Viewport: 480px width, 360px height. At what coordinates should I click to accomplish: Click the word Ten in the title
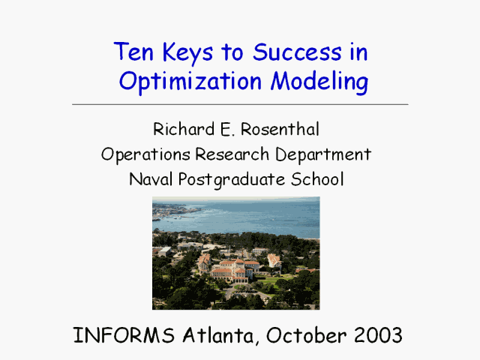[133, 52]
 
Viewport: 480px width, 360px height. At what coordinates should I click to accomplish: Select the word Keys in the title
[187, 53]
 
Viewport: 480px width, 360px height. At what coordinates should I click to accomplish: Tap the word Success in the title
[297, 52]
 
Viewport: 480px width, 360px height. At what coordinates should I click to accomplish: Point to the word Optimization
[190, 81]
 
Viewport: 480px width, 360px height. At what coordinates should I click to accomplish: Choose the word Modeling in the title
[319, 81]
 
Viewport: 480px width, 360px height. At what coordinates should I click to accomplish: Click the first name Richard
[184, 129]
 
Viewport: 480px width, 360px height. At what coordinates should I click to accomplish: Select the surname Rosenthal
[280, 129]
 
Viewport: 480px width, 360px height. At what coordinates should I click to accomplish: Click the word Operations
[145, 154]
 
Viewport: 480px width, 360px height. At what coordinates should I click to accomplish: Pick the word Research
[232, 154]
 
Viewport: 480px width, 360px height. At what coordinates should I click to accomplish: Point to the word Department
[323, 154]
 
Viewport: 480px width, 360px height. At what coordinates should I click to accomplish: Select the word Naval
[151, 179]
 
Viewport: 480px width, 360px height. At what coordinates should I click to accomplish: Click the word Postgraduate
[232, 180]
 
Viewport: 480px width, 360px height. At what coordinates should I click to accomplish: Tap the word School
[317, 179]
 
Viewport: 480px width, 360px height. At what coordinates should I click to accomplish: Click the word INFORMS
[124, 335]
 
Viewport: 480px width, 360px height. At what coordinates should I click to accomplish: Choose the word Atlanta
[219, 335]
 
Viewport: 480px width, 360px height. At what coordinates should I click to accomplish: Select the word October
[307, 335]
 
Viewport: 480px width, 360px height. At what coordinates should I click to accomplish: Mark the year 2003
[378, 335]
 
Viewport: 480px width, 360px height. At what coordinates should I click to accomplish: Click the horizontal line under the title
[240, 104]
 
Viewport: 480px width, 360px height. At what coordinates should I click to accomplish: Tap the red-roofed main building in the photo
[232, 269]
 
